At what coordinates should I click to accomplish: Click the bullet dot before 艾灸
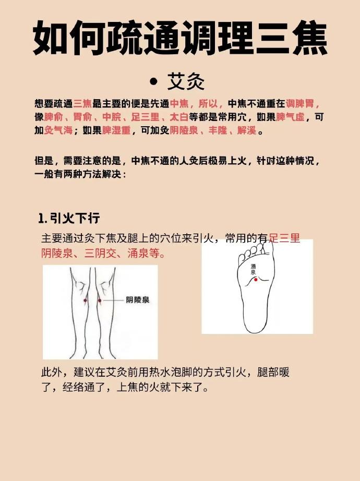153,81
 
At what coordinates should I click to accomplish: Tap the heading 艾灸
186,81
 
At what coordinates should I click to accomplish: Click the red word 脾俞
53,117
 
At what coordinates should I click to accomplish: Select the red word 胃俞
82,117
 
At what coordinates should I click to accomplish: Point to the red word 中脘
112,117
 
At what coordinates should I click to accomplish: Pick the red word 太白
179,117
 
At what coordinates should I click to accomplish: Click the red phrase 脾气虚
290,117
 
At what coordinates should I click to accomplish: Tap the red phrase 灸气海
58,130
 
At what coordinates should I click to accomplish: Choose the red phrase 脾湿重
116,130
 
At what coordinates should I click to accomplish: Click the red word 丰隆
218,130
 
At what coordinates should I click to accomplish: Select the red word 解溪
247,130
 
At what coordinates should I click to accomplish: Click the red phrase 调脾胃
300,103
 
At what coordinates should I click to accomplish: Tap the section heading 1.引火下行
69,218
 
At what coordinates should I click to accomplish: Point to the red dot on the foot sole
256,280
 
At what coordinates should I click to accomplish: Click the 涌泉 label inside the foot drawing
253,269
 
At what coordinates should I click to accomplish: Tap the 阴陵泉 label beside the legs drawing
138,299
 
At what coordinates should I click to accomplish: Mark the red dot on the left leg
86,300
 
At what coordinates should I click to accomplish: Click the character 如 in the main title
50,38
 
